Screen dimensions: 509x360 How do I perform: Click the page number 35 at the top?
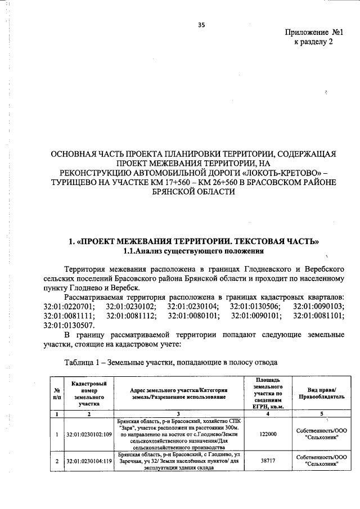point(201,24)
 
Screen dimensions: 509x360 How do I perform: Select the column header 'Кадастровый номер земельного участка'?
point(89,393)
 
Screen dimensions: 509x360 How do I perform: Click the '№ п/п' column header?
point(57,393)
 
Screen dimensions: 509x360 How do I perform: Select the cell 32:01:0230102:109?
point(90,434)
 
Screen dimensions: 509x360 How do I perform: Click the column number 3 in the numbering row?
point(178,413)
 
